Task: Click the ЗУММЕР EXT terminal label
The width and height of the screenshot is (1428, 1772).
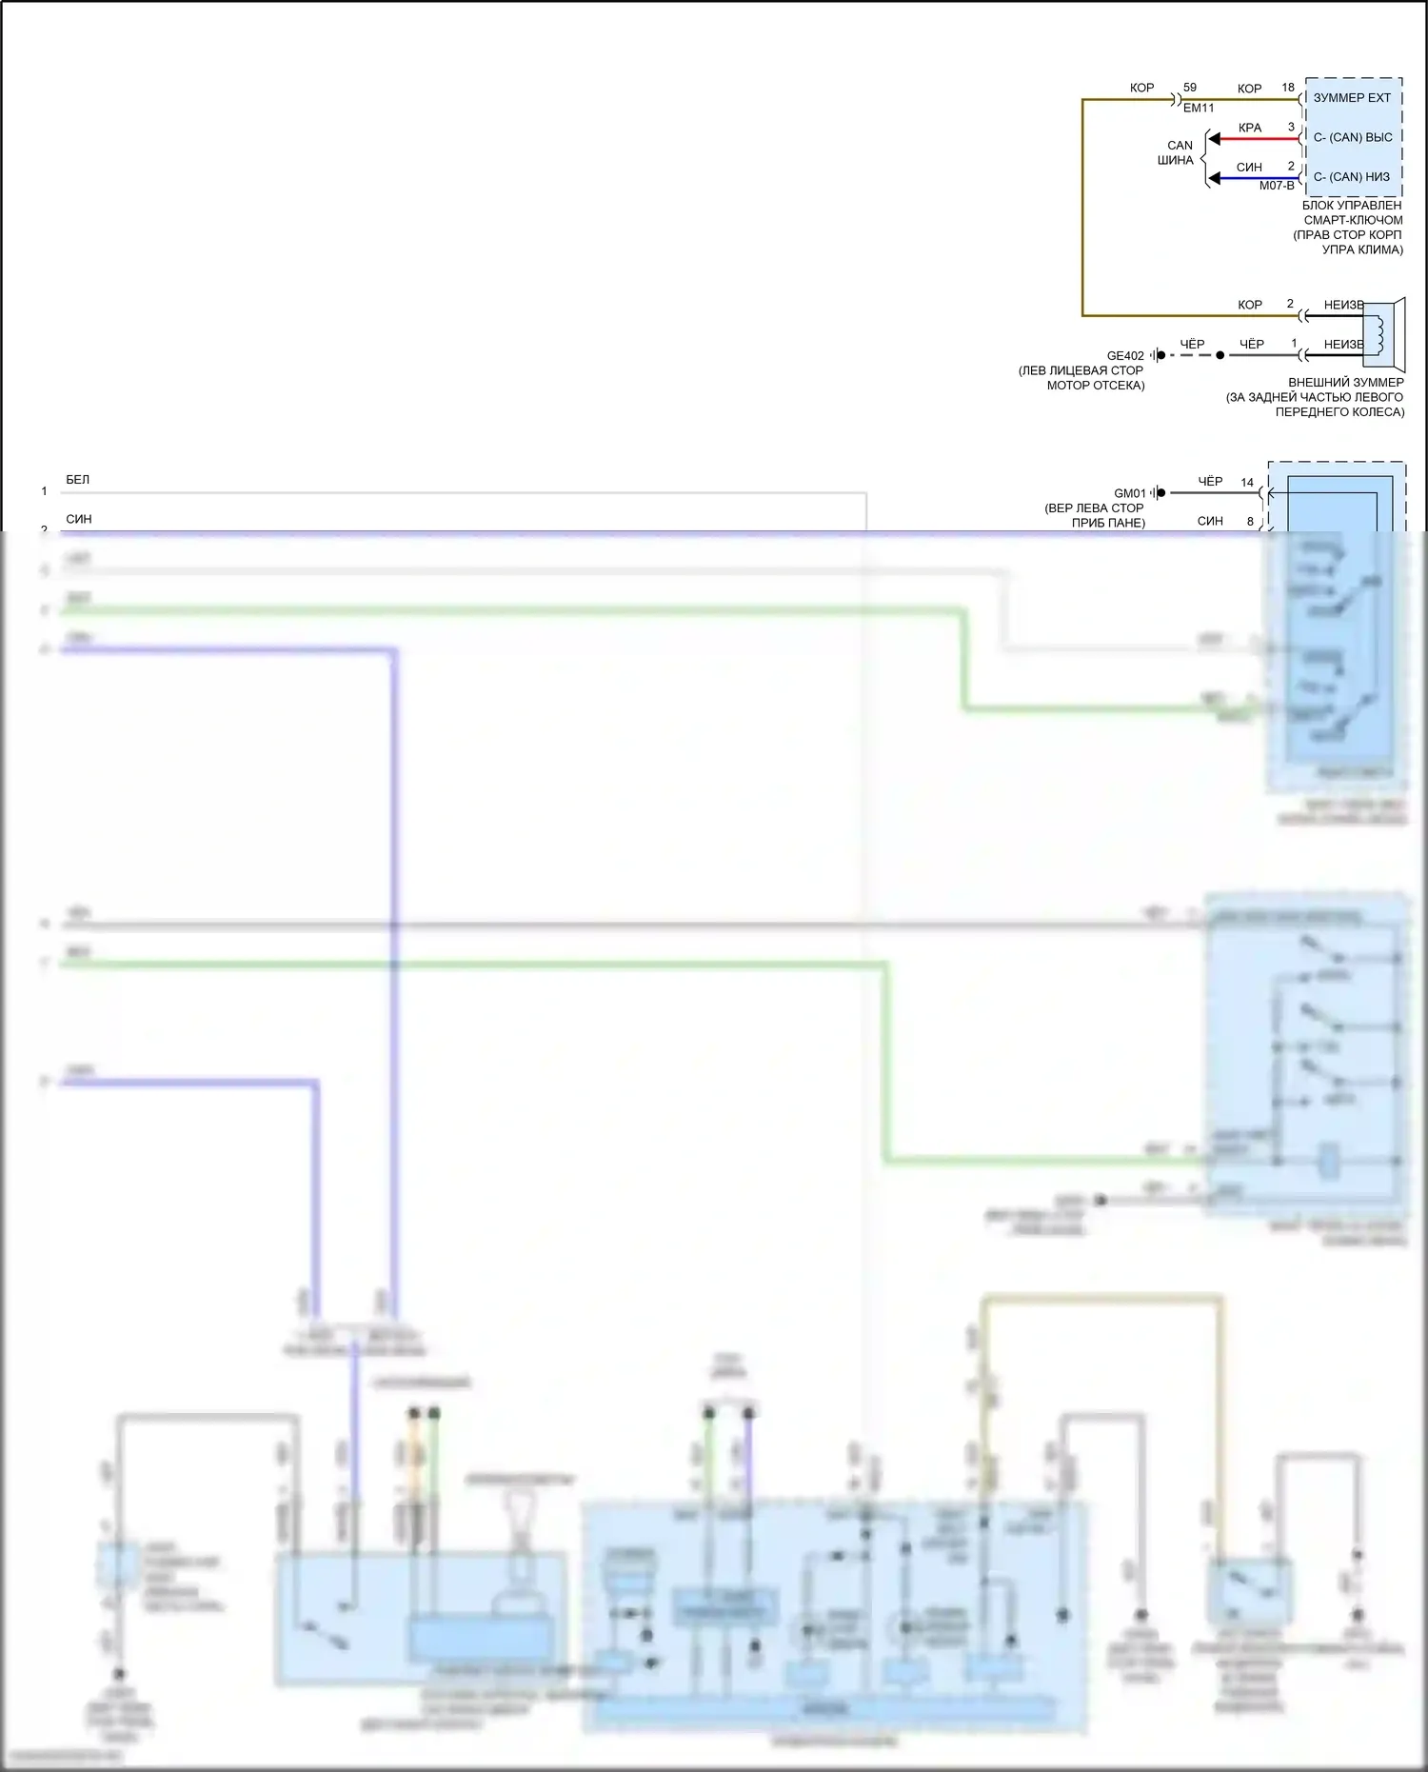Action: point(1352,98)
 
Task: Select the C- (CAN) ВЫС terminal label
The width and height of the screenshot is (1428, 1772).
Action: point(1352,137)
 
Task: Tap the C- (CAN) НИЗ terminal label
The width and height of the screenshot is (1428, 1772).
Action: point(1351,177)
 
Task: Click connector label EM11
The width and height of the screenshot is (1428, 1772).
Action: point(1199,109)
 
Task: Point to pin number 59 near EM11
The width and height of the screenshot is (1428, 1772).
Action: point(1190,88)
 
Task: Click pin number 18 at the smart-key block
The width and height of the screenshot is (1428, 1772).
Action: point(1288,88)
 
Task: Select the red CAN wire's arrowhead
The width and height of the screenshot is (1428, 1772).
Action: point(1215,139)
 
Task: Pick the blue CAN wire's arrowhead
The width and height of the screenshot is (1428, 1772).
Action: point(1215,178)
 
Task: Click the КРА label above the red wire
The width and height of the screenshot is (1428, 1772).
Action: point(1250,128)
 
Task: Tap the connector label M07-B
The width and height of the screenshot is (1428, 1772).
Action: point(1277,186)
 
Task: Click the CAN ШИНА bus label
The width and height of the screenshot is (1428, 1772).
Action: point(1178,153)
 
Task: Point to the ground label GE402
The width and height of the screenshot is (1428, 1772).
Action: point(1125,356)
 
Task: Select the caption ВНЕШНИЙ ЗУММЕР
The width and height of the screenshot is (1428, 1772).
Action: point(1345,383)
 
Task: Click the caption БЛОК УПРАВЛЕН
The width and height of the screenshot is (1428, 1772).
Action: point(1352,206)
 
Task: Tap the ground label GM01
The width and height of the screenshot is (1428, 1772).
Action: point(1130,493)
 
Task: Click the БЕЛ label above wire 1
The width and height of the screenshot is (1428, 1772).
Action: point(78,480)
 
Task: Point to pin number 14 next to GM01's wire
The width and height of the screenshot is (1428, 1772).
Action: point(1247,483)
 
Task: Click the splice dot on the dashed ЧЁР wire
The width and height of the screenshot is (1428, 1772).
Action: point(1220,355)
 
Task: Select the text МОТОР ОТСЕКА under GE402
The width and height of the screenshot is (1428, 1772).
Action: point(1096,386)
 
